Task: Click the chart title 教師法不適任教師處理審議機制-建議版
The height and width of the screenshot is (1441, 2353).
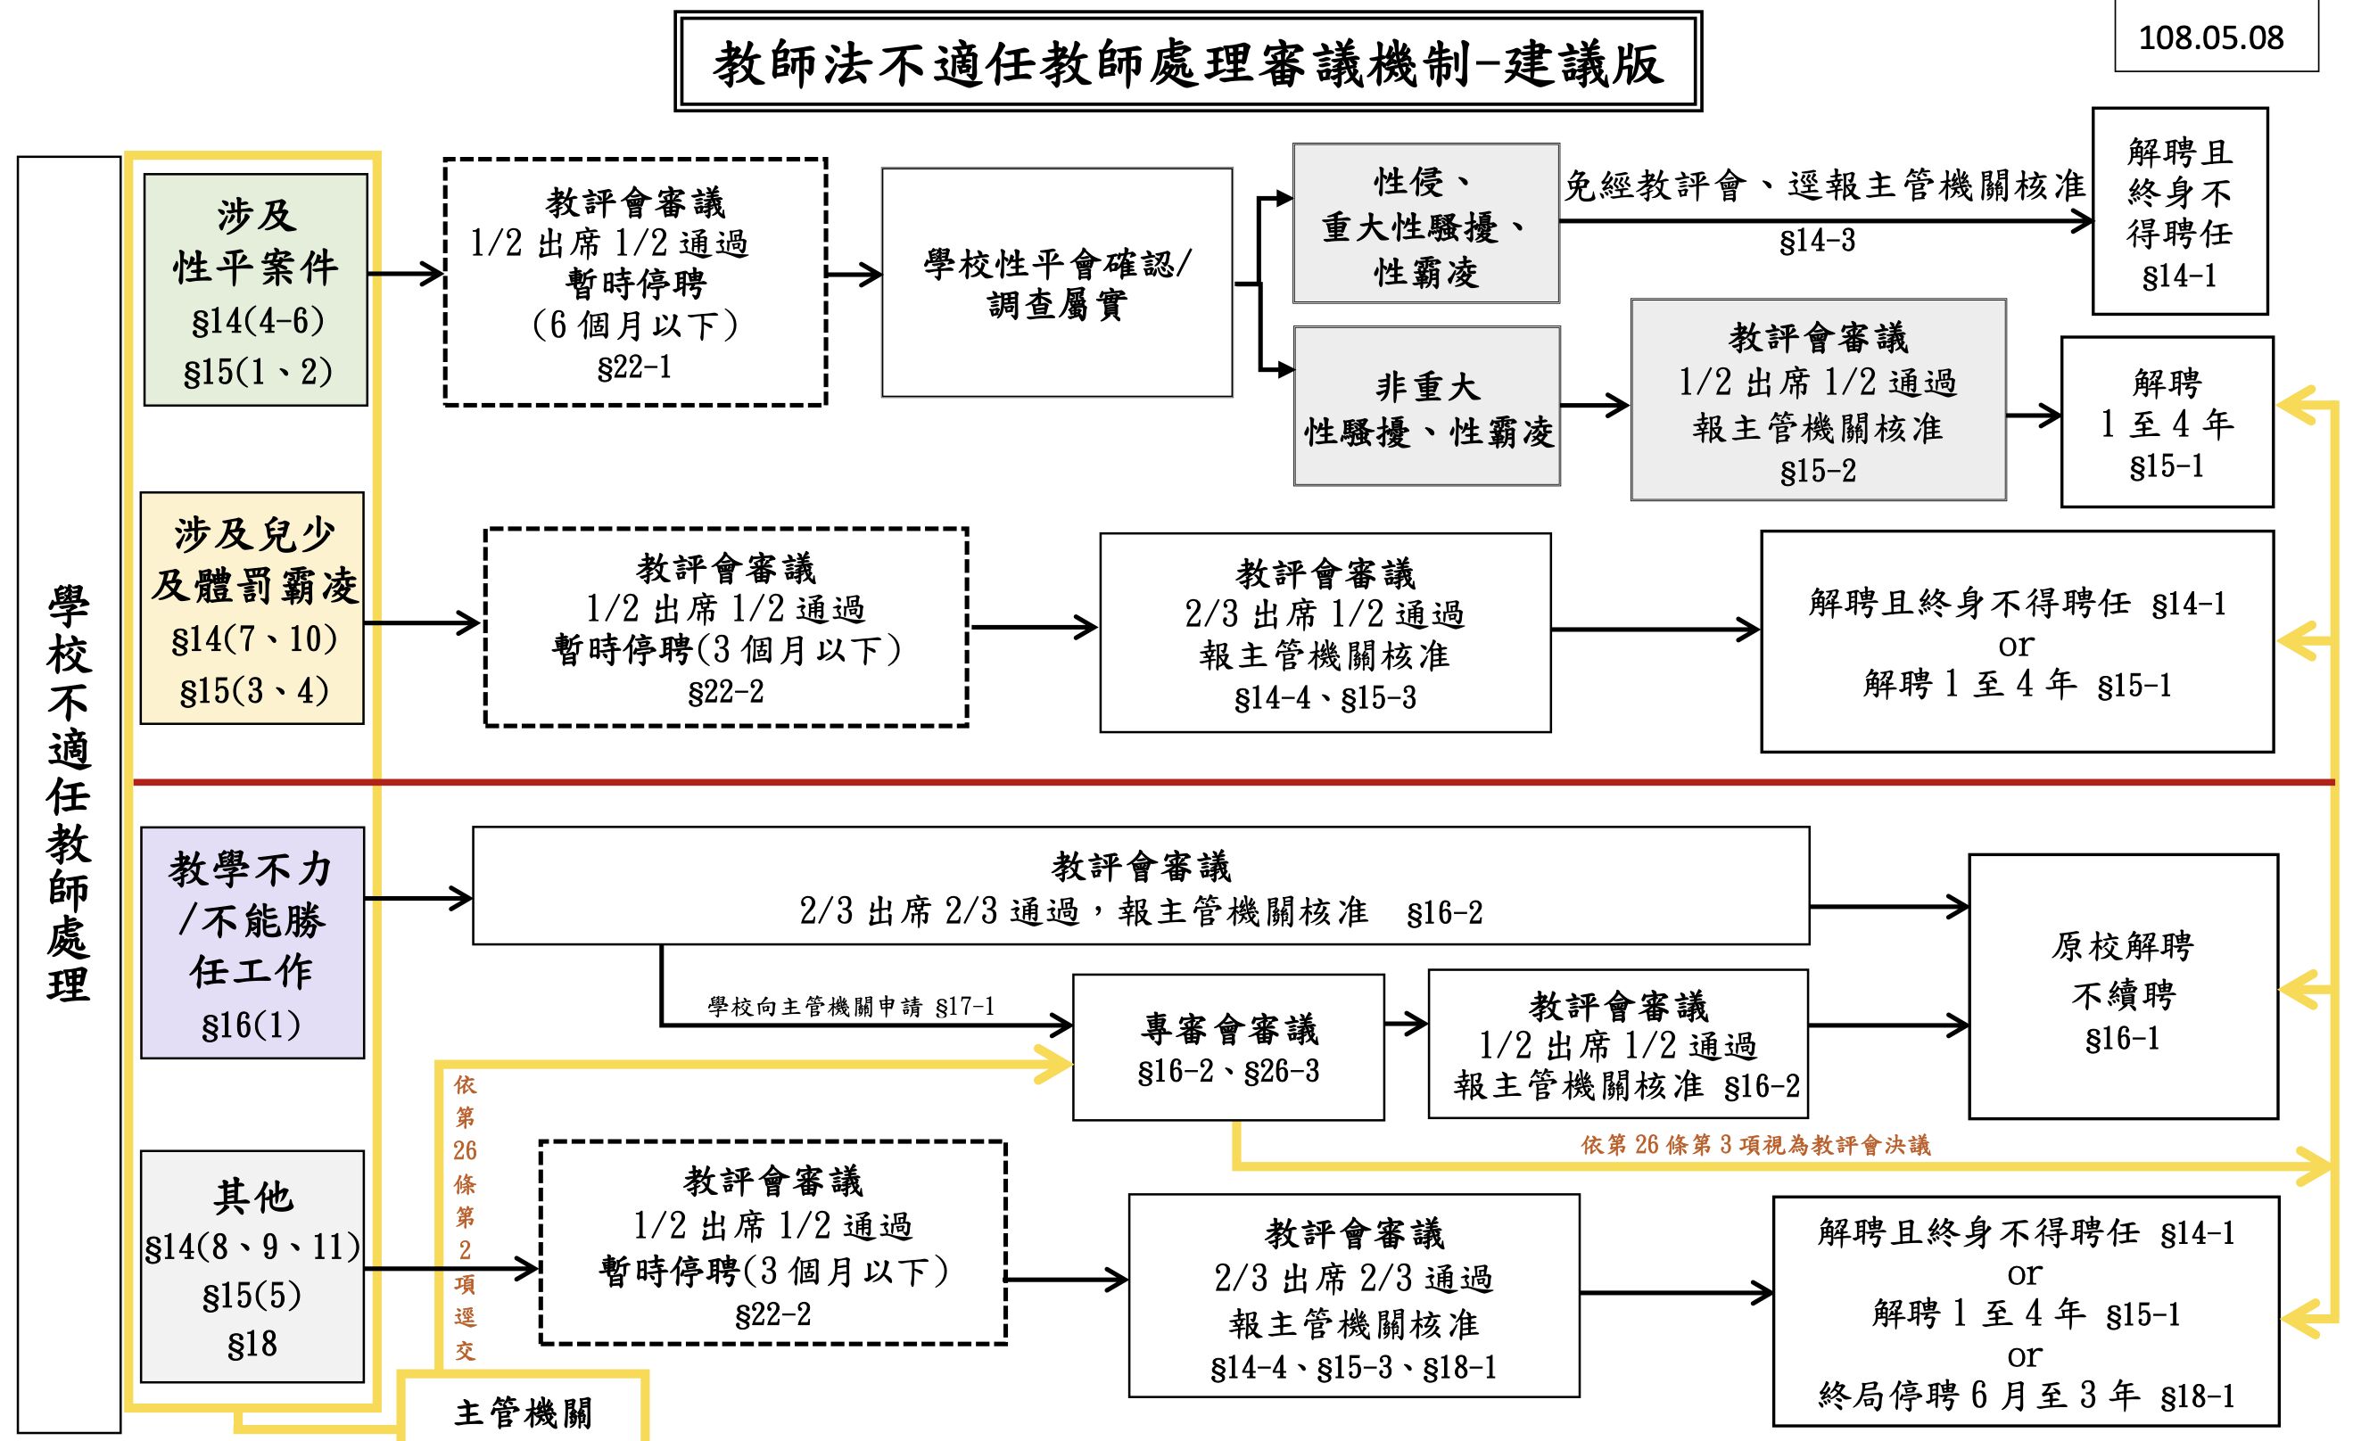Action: (x=1187, y=63)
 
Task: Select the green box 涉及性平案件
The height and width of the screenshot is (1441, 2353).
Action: (x=256, y=289)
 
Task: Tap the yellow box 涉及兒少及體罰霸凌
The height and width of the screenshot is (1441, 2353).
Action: (x=253, y=608)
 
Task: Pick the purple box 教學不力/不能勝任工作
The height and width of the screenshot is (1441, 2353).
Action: (x=253, y=943)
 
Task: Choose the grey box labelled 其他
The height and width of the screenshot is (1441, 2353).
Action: (x=253, y=1266)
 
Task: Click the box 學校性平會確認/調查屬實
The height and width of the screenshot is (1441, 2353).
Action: (x=1057, y=283)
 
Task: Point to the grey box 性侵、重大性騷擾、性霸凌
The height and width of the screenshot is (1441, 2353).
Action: (x=1425, y=225)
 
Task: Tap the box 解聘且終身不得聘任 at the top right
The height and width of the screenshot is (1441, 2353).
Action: (x=2179, y=211)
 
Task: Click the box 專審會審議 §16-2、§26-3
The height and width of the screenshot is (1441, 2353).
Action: (x=1228, y=1048)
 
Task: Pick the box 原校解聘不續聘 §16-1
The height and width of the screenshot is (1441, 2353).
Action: (x=2123, y=986)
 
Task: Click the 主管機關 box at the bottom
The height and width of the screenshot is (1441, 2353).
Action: (x=524, y=1412)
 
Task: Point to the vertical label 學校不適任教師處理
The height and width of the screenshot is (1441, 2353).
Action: (x=69, y=794)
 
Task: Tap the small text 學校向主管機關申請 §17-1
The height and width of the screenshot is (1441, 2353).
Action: (x=851, y=1007)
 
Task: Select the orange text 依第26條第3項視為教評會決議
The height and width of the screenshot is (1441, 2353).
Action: (x=1755, y=1144)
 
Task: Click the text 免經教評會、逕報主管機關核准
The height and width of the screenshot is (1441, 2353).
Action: (x=1824, y=185)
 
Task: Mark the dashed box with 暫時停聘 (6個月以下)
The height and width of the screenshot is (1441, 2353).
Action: (x=635, y=283)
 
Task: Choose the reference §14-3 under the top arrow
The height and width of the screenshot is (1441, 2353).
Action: (x=1816, y=241)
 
